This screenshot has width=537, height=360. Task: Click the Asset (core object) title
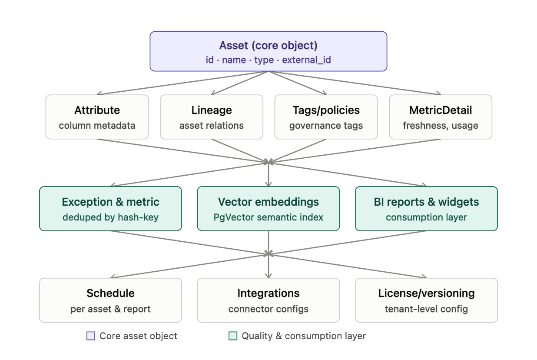(268, 45)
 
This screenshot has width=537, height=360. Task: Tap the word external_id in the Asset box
(306, 60)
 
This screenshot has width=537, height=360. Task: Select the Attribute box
(97, 117)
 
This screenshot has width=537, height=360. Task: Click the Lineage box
(212, 117)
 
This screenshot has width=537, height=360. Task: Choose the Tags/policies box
(326, 117)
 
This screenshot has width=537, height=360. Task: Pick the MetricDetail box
(441, 117)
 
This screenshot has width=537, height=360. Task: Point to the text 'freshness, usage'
(441, 126)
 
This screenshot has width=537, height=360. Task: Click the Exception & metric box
(110, 209)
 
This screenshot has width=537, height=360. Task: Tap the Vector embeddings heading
(268, 202)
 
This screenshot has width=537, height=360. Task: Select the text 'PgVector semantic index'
(268, 217)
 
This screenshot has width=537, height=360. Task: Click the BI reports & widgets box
(426, 209)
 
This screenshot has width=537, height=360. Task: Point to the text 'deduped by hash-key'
(110, 217)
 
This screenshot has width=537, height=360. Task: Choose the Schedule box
(110, 300)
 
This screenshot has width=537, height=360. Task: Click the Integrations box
(268, 300)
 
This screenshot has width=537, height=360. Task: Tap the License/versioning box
(426, 300)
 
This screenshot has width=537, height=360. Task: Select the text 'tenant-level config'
(426, 309)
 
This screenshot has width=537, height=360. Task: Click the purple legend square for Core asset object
(91, 336)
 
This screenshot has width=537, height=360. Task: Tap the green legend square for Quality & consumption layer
(233, 336)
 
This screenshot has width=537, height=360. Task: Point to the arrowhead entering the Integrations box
(268, 276)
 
